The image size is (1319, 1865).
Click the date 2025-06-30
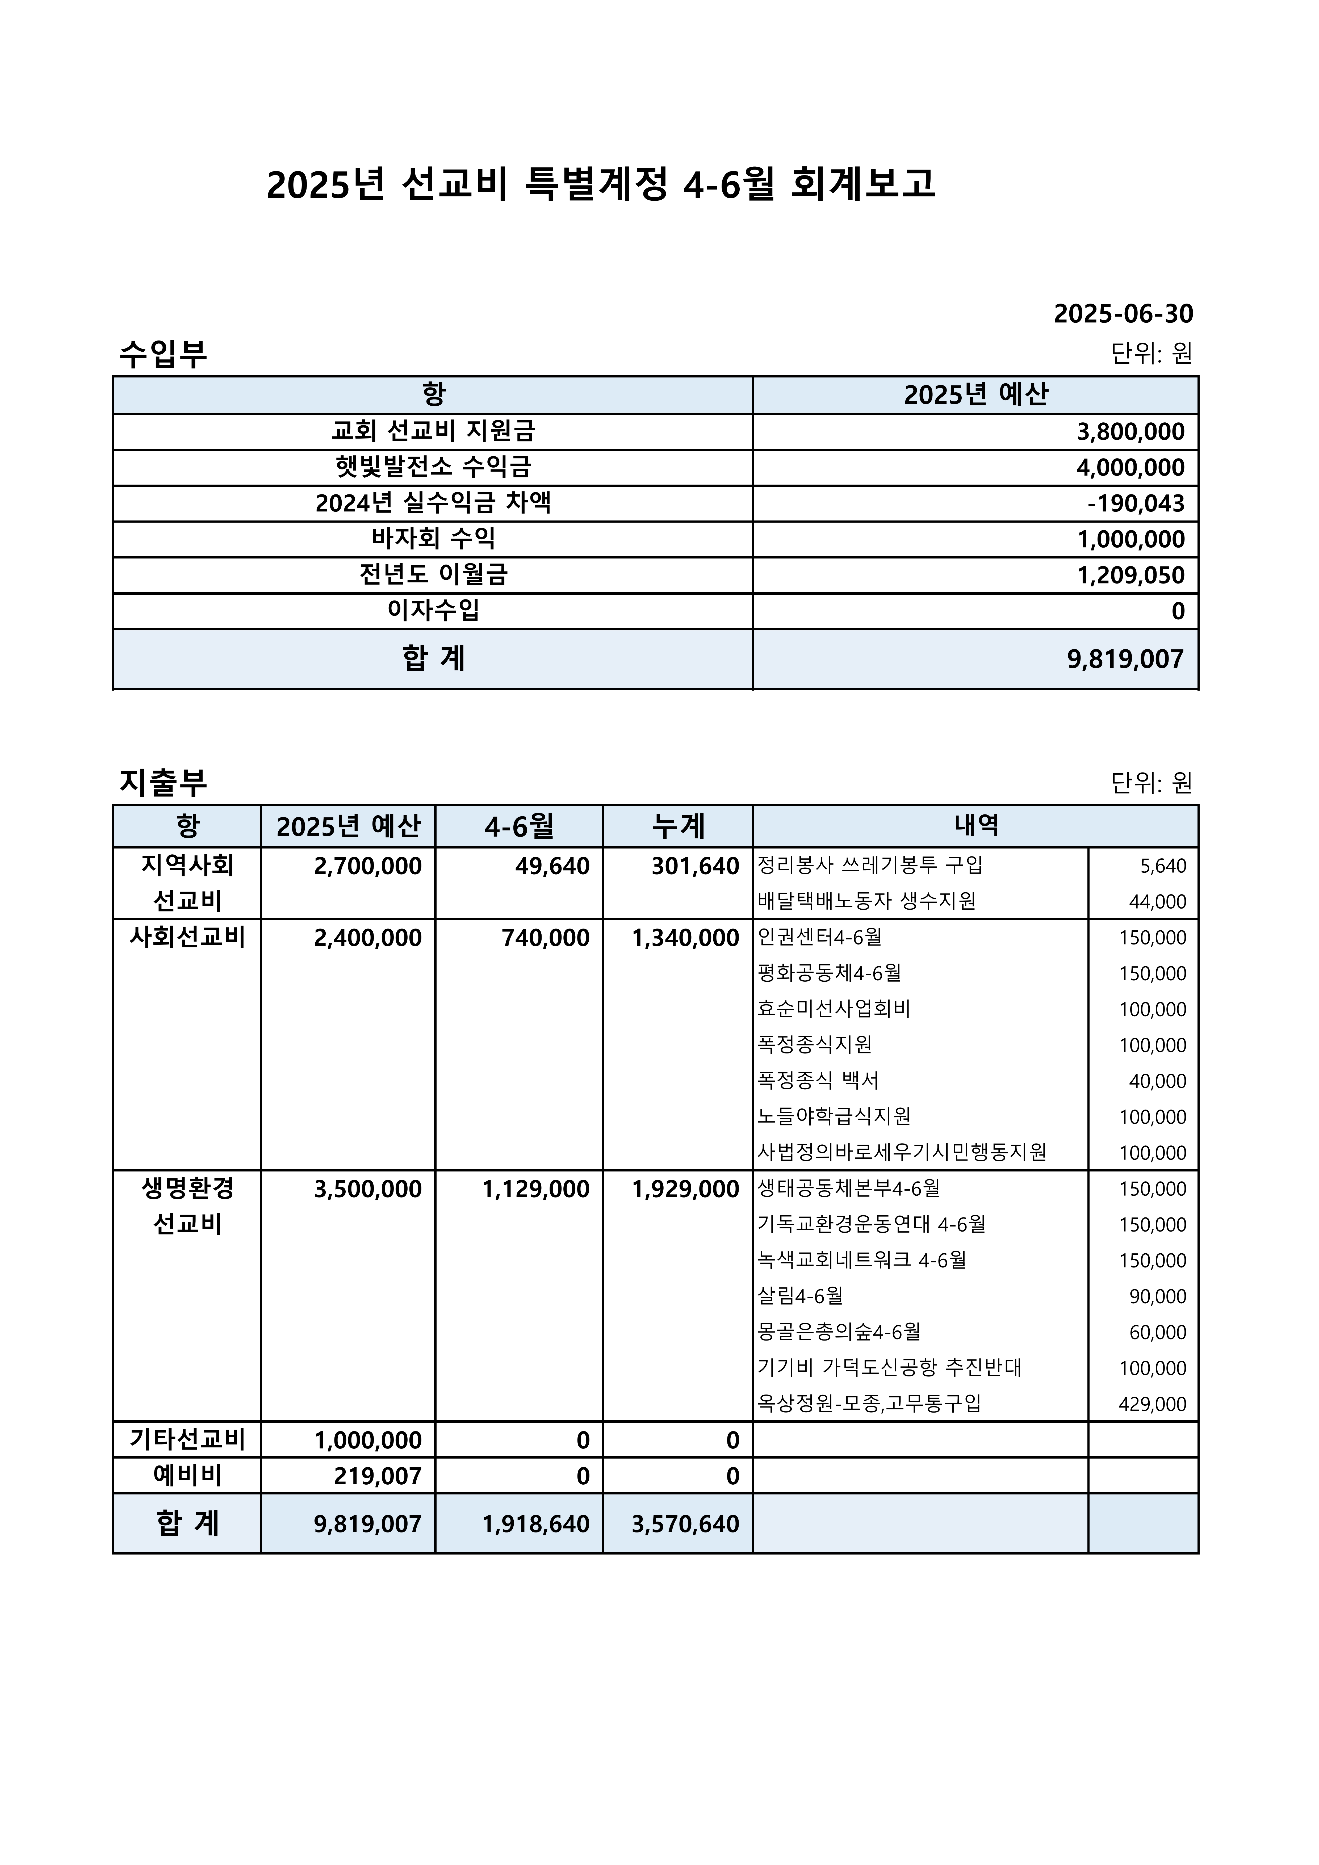pyautogui.click(x=1123, y=314)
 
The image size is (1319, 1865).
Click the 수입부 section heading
pyautogui.click(x=163, y=353)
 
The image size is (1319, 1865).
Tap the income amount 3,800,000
pyautogui.click(x=1130, y=431)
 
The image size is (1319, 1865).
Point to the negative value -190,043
pyautogui.click(x=1135, y=504)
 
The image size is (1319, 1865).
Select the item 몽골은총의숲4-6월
pyautogui.click(x=839, y=1332)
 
